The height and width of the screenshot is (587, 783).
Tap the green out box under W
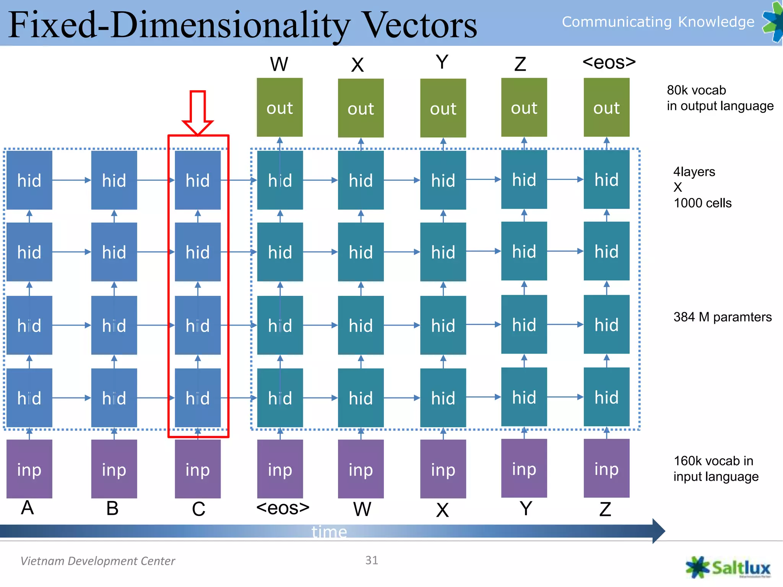pos(279,107)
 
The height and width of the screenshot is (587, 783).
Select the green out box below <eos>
pos(606,107)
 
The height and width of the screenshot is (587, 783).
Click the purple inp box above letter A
pos(29,469)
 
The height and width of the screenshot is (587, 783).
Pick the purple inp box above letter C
pos(198,469)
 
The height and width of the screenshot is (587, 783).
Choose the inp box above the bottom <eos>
pos(280,469)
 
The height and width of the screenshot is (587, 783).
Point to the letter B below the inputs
pos(112,508)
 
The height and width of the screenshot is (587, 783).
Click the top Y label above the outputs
pos(442,62)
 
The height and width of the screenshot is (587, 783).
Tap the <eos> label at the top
pos(609,62)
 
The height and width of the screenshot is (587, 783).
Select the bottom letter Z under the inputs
pos(605,509)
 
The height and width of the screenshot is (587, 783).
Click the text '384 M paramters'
pos(722,317)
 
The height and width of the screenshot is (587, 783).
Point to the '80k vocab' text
pos(696,90)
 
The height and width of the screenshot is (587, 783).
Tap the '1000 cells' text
pos(702,203)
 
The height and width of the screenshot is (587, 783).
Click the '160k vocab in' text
pos(713,461)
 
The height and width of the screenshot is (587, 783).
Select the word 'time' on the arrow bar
pos(329,532)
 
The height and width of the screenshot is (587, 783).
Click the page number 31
pos(372,560)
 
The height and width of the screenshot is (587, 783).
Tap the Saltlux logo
pos(728,568)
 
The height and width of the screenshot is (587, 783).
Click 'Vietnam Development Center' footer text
pos(97,561)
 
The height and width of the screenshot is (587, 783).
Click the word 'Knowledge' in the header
pos(716,22)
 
